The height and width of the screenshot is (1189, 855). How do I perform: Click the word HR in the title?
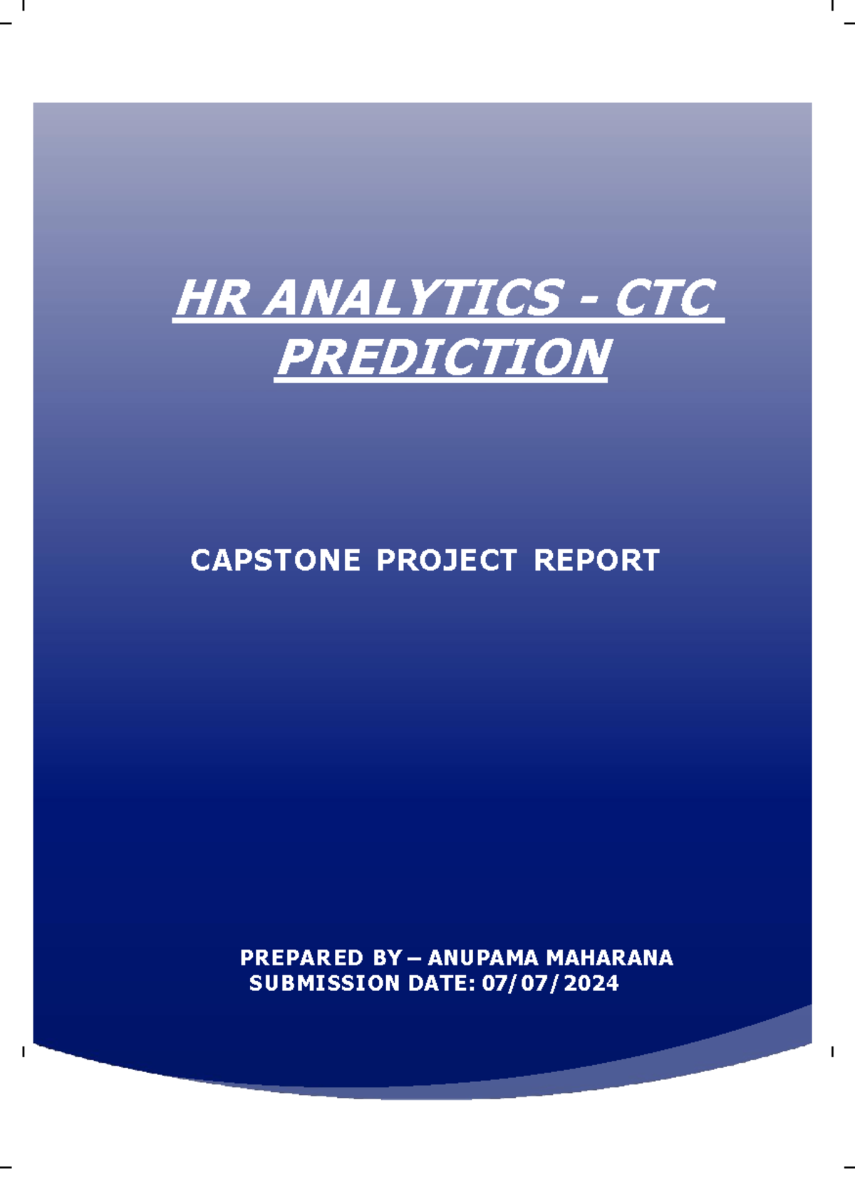tap(212, 298)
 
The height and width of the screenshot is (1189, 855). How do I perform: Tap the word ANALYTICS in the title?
tap(413, 298)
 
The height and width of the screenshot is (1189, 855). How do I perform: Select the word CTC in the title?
tap(663, 298)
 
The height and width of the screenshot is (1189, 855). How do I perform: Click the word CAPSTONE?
tap(275, 561)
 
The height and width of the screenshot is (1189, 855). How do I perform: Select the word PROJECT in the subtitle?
tap(446, 561)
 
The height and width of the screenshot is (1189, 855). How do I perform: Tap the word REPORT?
tap(596, 561)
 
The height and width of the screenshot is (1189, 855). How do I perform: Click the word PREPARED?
tap(301, 957)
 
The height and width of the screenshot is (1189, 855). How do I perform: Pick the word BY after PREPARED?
tap(387, 957)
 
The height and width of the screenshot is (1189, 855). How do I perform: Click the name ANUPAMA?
tap(482, 957)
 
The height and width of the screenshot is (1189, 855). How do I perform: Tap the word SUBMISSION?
tap(324, 984)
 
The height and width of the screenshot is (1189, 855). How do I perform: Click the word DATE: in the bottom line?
tap(442, 984)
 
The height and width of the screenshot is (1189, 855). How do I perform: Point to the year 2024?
tap(591, 984)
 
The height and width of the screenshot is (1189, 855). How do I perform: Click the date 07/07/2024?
tap(550, 984)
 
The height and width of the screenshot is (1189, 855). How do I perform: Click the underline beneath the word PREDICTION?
tap(440, 381)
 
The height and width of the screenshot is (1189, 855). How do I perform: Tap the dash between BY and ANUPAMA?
tap(414, 958)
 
